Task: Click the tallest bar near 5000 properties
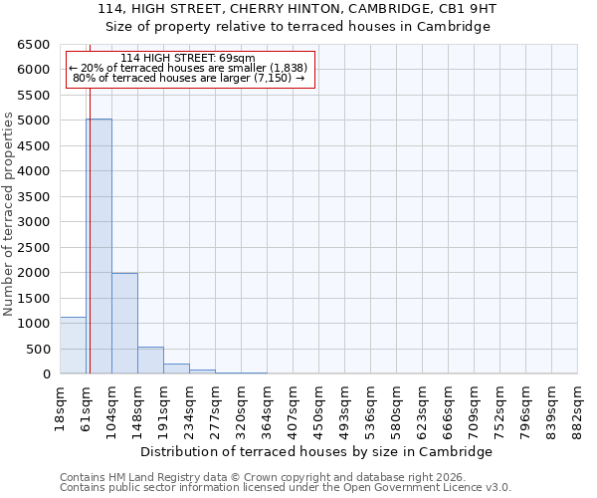click(99, 246)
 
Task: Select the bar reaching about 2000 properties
click(124, 323)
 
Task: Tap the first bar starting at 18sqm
click(73, 346)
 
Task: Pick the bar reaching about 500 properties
click(150, 361)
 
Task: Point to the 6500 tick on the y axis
click(33, 45)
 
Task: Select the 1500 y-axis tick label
click(33, 298)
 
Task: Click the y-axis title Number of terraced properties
click(9, 213)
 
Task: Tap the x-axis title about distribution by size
click(316, 451)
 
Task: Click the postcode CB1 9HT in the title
click(468, 9)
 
